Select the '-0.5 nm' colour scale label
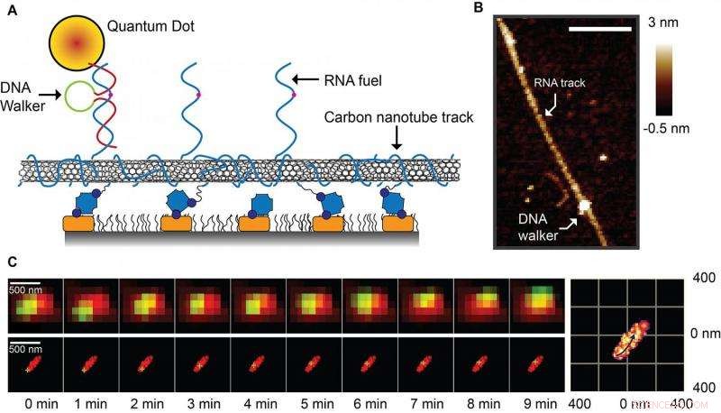(689, 129)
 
